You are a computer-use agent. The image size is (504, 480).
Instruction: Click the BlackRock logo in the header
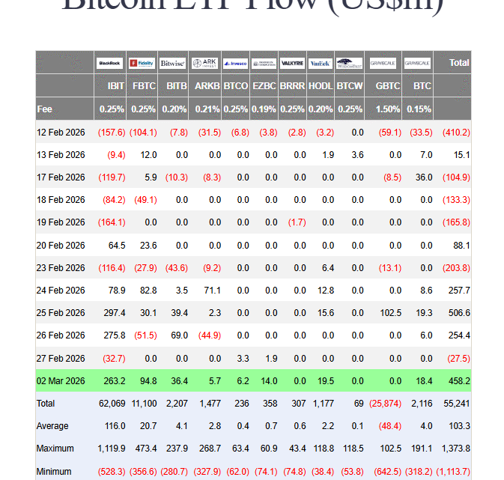(x=111, y=64)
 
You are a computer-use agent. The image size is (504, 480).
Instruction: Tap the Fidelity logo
(x=142, y=64)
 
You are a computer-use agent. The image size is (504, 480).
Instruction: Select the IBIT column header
(x=116, y=86)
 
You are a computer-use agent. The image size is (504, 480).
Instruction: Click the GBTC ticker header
(x=388, y=86)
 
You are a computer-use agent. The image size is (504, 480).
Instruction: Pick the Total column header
(x=459, y=64)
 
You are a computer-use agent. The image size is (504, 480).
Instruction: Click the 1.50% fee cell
(x=388, y=109)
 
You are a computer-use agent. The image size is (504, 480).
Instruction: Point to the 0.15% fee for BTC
(x=422, y=109)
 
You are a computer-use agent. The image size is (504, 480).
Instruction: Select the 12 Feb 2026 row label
(x=61, y=133)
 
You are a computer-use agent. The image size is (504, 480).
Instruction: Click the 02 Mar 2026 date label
(x=61, y=381)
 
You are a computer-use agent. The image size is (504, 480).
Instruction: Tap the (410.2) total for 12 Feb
(x=456, y=133)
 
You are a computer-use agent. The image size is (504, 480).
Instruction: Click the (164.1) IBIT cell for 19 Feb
(x=112, y=222)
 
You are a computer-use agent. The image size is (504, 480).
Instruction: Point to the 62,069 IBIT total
(x=112, y=404)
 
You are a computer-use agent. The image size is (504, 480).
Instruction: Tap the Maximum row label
(x=55, y=449)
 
